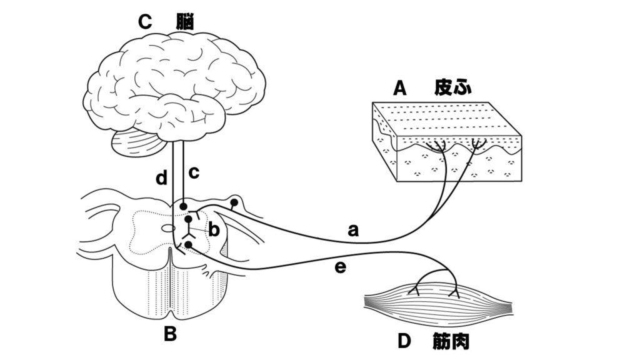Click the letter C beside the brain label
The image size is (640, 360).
point(145,22)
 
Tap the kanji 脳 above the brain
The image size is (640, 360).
point(184,22)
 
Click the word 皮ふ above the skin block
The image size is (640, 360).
point(452,89)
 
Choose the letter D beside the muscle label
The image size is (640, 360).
point(404,342)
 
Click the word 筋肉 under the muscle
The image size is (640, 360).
point(450,342)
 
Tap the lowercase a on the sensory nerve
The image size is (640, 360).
point(353,231)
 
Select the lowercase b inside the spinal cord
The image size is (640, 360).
point(214,231)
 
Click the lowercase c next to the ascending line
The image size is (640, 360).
point(194,172)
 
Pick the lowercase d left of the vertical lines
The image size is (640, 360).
point(162,179)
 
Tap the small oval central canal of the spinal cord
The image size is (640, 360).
point(168,229)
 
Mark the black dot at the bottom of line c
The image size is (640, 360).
point(182,206)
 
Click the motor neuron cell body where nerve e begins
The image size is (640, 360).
point(187,244)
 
